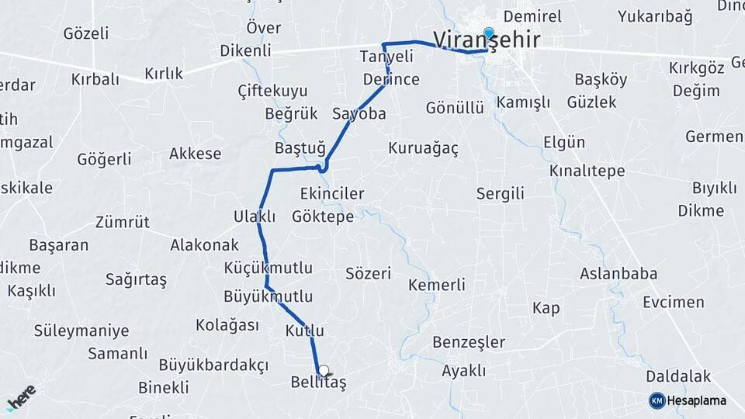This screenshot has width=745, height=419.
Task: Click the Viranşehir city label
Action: click(x=487, y=40)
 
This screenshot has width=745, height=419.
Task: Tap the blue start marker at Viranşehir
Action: click(x=489, y=33)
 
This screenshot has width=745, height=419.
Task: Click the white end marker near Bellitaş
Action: click(x=324, y=371)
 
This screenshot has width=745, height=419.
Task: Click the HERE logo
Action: click(x=21, y=397)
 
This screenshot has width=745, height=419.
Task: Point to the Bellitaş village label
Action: click(x=318, y=383)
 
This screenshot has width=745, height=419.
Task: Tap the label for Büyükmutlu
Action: click(x=268, y=296)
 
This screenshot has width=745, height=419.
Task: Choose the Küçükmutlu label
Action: click(x=268, y=268)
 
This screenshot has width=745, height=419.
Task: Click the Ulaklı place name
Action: click(x=255, y=216)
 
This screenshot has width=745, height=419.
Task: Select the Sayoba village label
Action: click(x=359, y=113)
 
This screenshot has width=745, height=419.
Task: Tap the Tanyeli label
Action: click(x=386, y=57)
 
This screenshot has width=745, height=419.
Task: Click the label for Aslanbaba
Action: click(x=619, y=273)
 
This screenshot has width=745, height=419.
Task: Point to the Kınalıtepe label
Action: click(x=586, y=171)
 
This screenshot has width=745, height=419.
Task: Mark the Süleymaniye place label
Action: click(x=81, y=331)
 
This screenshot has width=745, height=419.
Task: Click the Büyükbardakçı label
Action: click(x=213, y=365)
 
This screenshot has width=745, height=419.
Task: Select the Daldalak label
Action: click(x=678, y=376)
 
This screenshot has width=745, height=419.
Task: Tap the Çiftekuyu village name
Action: click(x=272, y=91)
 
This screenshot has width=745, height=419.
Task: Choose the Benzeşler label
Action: click(x=469, y=342)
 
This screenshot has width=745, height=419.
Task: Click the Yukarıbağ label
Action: click(x=655, y=16)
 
